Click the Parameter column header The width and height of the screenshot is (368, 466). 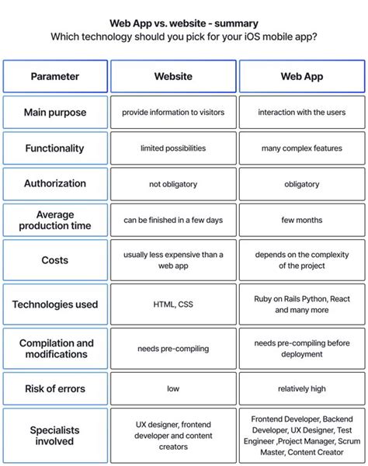pyautogui.click(x=54, y=76)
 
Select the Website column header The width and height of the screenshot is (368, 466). pyautogui.click(x=173, y=76)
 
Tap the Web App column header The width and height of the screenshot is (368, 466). pyautogui.click(x=301, y=76)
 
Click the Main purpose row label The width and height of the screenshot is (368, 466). pyautogui.click(x=54, y=112)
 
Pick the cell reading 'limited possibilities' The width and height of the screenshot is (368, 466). pyautogui.click(x=173, y=148)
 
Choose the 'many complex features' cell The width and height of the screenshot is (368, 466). pyautogui.click(x=301, y=148)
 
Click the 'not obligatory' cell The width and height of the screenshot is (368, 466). pyautogui.click(x=173, y=184)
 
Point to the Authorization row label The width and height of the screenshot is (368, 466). pyautogui.click(x=54, y=184)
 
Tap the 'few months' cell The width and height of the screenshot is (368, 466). pyautogui.click(x=301, y=220)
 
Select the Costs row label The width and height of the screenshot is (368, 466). pyautogui.click(x=54, y=260)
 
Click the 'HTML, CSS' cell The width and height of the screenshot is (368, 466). pyautogui.click(x=173, y=304)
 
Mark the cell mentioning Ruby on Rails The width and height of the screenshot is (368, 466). pyautogui.click(x=301, y=304)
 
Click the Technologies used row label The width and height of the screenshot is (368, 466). pyautogui.click(x=54, y=304)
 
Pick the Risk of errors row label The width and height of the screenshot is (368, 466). pyautogui.click(x=54, y=388)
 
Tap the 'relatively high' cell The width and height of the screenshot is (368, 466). pyautogui.click(x=301, y=388)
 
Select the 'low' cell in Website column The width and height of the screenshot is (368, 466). pyautogui.click(x=173, y=388)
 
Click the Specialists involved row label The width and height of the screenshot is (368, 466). pyautogui.click(x=54, y=436)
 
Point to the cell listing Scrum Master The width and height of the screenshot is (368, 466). pyautogui.click(x=301, y=436)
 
